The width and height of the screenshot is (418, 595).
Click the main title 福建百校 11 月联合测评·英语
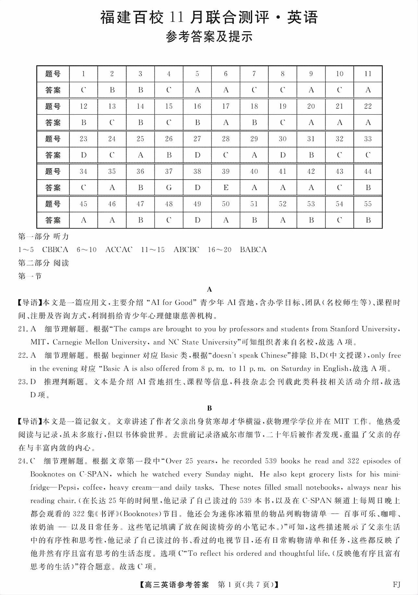click(x=209, y=18)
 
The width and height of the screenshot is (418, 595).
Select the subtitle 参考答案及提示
click(x=209, y=37)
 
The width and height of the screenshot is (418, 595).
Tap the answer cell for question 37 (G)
click(x=169, y=188)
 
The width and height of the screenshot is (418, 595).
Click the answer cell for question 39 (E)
click(x=226, y=188)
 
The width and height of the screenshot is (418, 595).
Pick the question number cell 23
click(x=83, y=139)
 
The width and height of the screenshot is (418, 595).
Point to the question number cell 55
click(x=368, y=204)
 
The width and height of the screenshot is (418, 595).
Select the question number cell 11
click(x=368, y=74)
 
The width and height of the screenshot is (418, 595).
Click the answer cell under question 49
click(x=197, y=220)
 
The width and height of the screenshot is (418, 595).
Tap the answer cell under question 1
click(x=83, y=90)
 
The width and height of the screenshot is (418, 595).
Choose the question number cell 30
click(x=282, y=139)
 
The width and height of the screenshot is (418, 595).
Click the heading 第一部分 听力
click(x=43, y=236)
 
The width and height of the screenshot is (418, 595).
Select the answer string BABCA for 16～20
click(x=253, y=250)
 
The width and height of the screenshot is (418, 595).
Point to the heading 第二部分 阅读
click(x=43, y=263)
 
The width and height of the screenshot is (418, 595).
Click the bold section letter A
click(x=209, y=289)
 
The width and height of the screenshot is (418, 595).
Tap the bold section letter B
click(x=209, y=408)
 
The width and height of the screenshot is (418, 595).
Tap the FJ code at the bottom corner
click(x=396, y=585)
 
